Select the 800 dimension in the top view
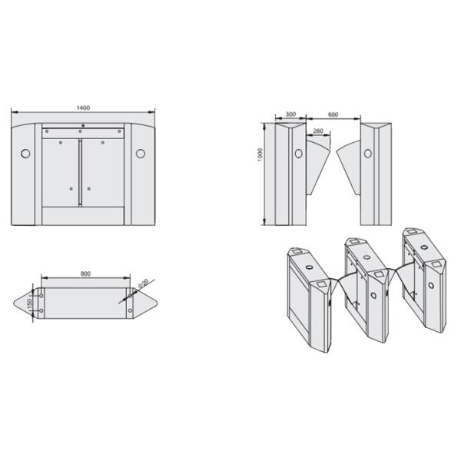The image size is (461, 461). coord(85,274)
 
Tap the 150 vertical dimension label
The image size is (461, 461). coord(29,306)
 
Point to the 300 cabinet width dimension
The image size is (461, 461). coord(290,114)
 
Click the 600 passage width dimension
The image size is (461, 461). coord(332,114)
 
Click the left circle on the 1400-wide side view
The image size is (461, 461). coord(25,154)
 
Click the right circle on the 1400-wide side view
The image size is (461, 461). coord(141,154)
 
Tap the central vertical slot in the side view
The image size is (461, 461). coord(81,171)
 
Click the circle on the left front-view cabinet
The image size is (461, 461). coord(299,154)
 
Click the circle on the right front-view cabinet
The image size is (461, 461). coord(367,154)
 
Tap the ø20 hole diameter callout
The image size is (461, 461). coord(141,286)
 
